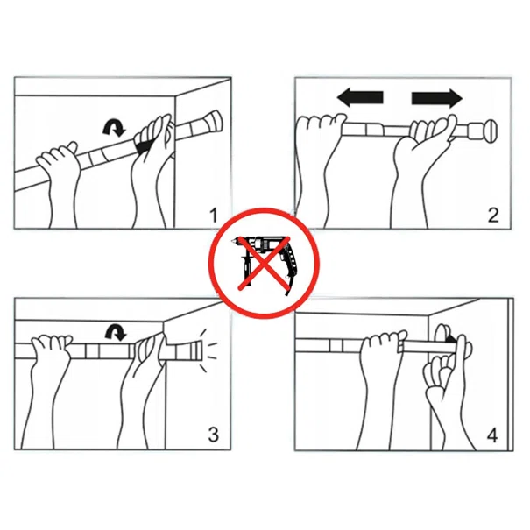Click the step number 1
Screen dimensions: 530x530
click(x=213, y=216)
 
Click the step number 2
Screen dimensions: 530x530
click(x=493, y=216)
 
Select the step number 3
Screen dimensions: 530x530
click(x=213, y=435)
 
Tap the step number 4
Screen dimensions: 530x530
click(x=492, y=435)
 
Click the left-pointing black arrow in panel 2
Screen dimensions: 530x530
click(x=360, y=98)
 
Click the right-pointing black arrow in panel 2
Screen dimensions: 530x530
click(x=437, y=98)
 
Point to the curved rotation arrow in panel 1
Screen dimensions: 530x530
click(x=114, y=128)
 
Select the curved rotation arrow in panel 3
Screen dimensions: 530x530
click(x=116, y=332)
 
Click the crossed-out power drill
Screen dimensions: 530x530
click(x=264, y=264)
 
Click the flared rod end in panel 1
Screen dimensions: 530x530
click(x=213, y=121)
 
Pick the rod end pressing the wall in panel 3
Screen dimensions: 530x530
click(x=195, y=350)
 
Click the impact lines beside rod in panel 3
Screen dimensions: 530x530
click(x=208, y=350)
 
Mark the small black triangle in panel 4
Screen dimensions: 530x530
click(x=450, y=338)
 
